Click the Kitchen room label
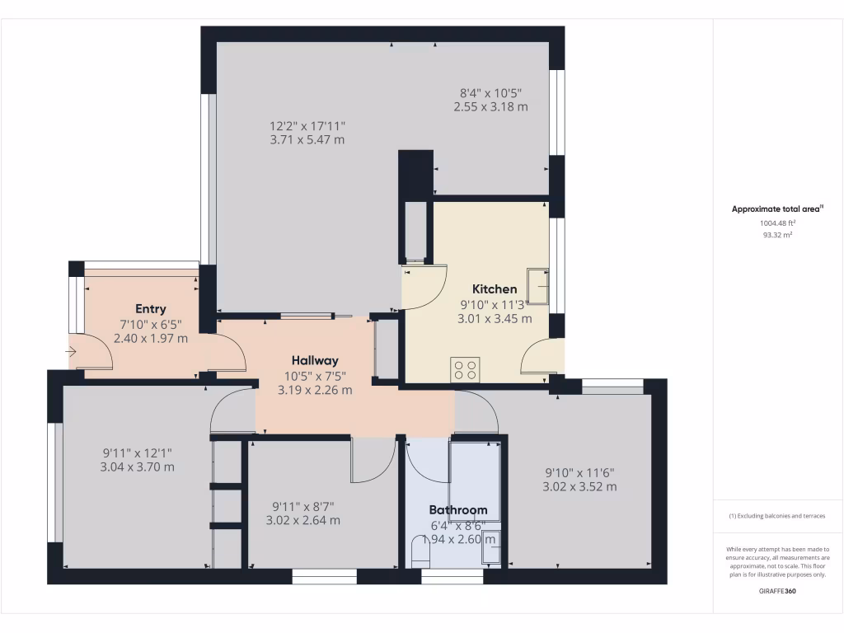tap(495, 289)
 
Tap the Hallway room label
tap(315, 360)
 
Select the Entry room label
tap(151, 309)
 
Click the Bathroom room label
tap(457, 510)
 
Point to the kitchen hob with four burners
tap(465, 369)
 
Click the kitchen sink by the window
tap(538, 288)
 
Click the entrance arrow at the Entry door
tap(72, 353)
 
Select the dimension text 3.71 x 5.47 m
tap(307, 141)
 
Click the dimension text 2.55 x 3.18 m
tap(490, 107)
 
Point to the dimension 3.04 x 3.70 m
tap(138, 467)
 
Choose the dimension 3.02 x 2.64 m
tap(302, 520)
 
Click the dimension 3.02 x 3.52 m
tap(579, 487)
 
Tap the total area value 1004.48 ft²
tap(777, 223)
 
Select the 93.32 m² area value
tap(777, 235)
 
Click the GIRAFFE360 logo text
tap(777, 591)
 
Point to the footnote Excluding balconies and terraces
tap(777, 516)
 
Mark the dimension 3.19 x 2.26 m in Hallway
tap(315, 390)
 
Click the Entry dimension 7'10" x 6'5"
tap(151, 324)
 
